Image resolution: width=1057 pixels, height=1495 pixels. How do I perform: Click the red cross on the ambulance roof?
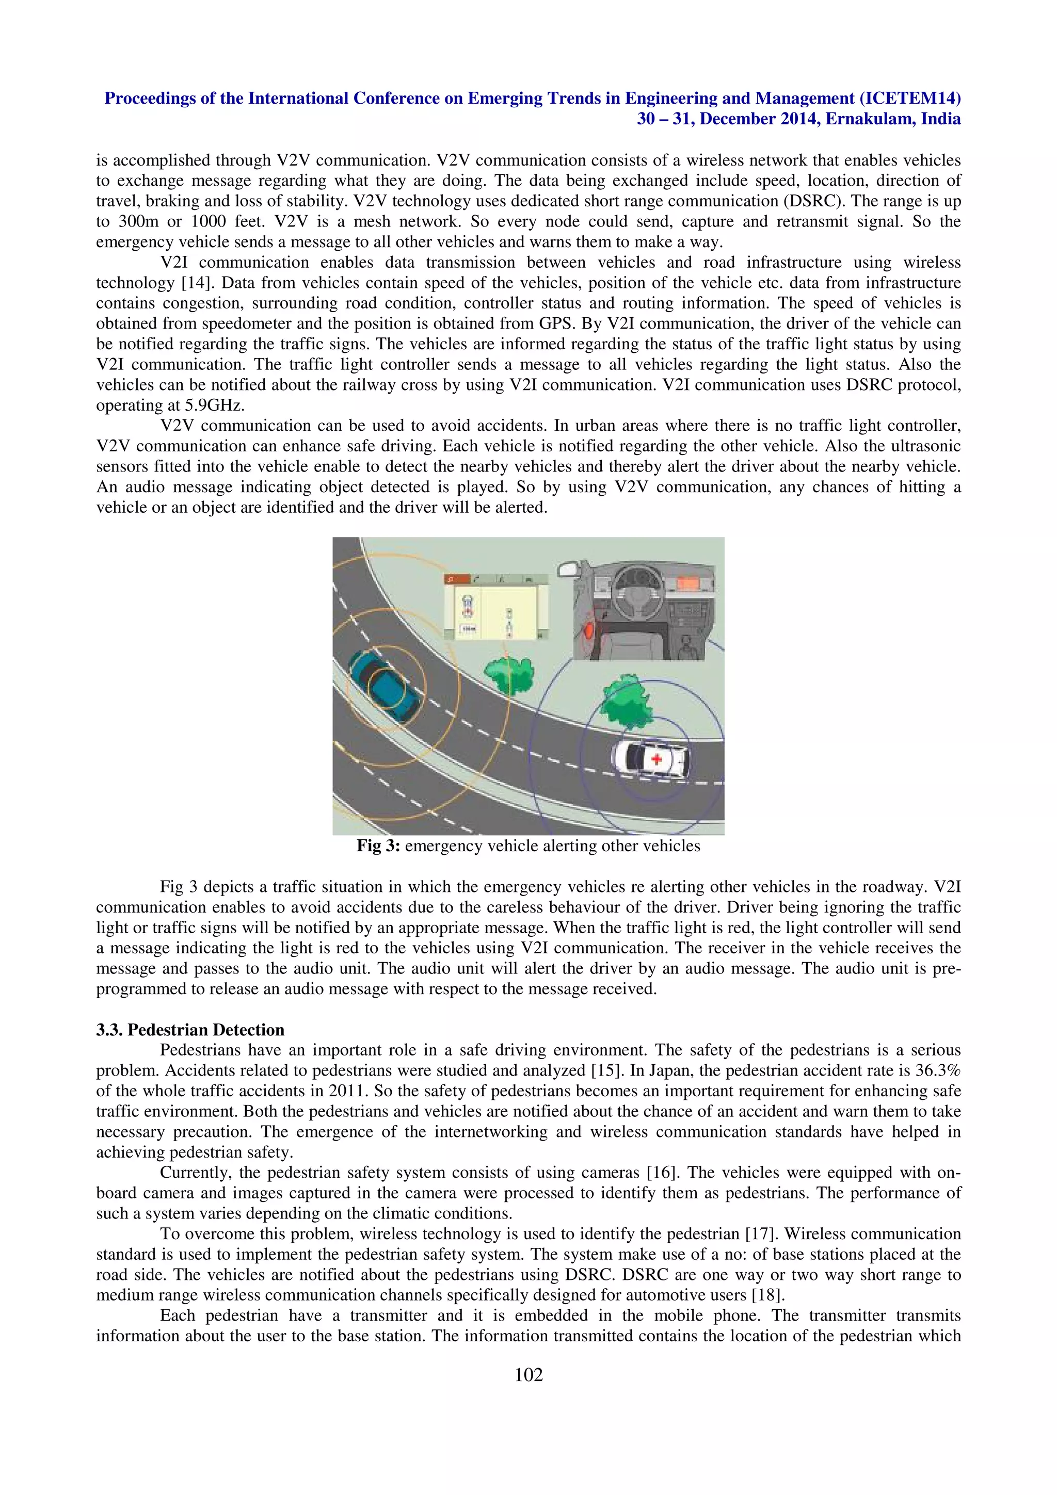pos(656,758)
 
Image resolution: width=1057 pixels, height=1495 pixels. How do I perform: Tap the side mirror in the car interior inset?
pos(589,630)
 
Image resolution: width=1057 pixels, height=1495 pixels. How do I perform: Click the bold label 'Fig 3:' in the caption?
pos(378,846)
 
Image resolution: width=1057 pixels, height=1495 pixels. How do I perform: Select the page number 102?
pos(528,1374)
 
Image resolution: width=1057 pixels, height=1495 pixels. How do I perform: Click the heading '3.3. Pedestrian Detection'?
pos(190,1030)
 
